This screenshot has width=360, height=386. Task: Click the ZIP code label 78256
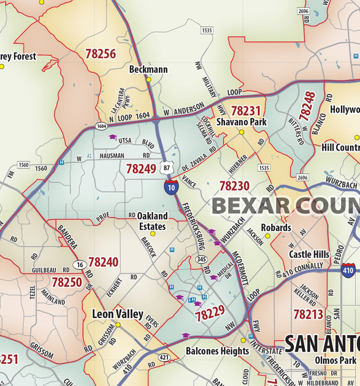(x=101, y=54)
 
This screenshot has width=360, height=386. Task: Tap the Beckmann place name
(x=148, y=69)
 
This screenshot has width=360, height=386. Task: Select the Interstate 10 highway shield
(x=171, y=187)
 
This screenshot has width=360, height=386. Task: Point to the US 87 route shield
(x=166, y=167)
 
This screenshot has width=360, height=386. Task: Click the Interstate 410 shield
(x=348, y=269)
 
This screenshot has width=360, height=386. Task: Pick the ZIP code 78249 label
(x=141, y=168)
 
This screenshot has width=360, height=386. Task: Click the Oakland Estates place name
(x=151, y=221)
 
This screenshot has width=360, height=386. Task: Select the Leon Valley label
(x=117, y=314)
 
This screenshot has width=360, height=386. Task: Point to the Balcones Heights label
(x=217, y=351)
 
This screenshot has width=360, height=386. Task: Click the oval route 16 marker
(x=79, y=264)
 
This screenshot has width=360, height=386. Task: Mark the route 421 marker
(x=164, y=357)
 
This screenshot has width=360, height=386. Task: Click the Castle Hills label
(x=309, y=254)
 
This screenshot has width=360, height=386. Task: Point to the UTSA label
(x=125, y=140)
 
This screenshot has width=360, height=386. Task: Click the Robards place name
(x=276, y=227)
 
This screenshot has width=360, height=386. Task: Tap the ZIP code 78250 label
(x=66, y=282)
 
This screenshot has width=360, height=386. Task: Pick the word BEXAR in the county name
(x=249, y=206)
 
